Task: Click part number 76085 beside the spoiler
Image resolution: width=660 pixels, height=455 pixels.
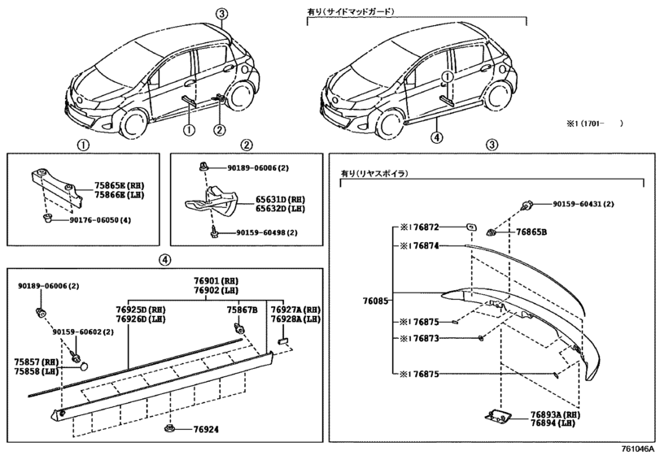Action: [375, 298]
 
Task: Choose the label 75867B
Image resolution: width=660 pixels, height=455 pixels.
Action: [242, 309]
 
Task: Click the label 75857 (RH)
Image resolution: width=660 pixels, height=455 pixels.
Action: [35, 361]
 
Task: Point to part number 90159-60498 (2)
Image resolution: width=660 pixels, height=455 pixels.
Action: [269, 233]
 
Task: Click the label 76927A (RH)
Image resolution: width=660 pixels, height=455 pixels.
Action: [295, 310]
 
